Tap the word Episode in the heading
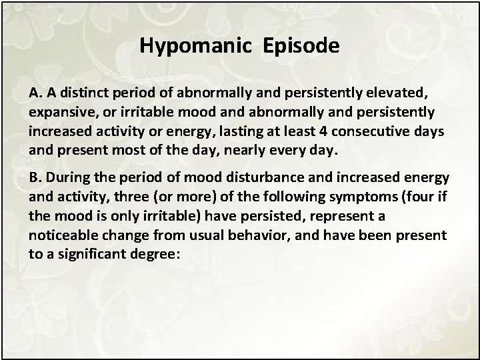tap(301, 45)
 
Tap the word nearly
tap(242, 151)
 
